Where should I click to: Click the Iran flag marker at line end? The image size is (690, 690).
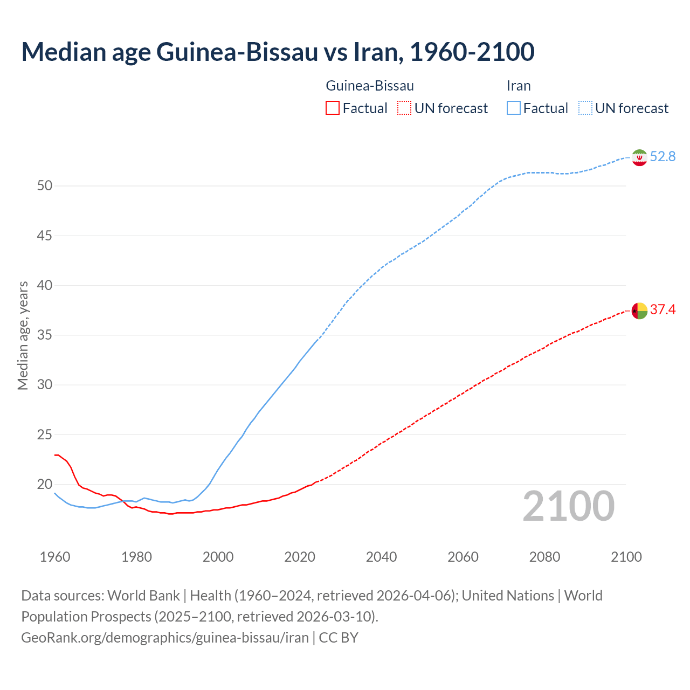(x=639, y=157)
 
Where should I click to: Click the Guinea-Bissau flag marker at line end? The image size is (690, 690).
(x=639, y=311)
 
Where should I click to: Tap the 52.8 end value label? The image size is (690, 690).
(x=663, y=157)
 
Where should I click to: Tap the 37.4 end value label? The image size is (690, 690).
(x=663, y=310)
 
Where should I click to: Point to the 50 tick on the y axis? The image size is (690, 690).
(x=45, y=186)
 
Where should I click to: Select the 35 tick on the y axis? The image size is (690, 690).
(x=45, y=335)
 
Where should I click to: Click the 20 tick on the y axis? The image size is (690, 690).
(x=45, y=485)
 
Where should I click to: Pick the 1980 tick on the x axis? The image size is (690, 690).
(x=136, y=557)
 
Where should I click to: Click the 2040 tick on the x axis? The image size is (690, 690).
(x=381, y=557)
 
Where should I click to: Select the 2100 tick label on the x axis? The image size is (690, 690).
(x=626, y=557)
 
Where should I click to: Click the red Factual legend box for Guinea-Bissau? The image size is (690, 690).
(x=333, y=108)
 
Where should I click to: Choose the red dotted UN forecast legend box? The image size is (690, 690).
(x=404, y=108)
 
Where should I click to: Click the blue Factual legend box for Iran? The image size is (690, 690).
(x=513, y=108)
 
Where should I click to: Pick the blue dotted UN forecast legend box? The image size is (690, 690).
(x=585, y=108)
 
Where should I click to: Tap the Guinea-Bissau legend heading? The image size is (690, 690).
(x=370, y=86)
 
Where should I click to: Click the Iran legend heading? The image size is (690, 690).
(x=519, y=86)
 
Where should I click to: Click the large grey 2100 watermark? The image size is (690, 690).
(x=568, y=506)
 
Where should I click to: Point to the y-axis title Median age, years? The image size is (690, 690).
(x=23, y=335)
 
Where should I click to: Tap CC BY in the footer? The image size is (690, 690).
(x=339, y=638)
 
